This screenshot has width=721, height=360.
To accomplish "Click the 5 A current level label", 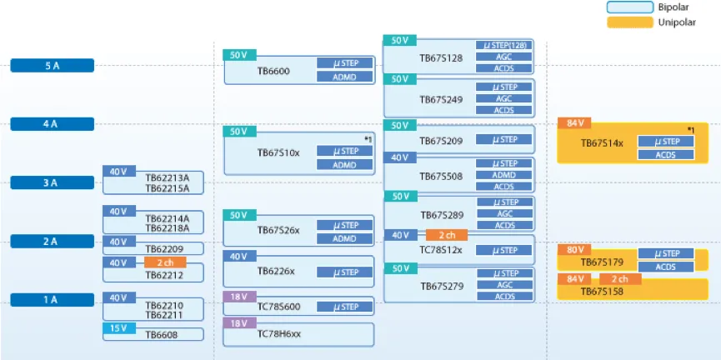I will point(52,66).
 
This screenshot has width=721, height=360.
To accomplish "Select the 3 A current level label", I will point(52,182).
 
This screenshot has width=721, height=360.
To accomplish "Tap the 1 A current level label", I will point(52,300).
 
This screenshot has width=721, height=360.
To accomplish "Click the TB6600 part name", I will point(273,72).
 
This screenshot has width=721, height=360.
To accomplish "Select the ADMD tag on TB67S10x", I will point(345,164).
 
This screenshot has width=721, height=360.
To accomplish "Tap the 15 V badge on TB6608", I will point(118,328).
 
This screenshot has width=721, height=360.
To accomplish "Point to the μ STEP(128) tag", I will point(503,45).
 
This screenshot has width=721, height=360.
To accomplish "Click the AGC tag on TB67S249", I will point(503,98).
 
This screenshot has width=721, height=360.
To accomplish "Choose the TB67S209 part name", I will point(441,142).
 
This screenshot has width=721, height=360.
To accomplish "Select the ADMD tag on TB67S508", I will point(503,175).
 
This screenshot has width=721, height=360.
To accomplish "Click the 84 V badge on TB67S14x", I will point(574,124).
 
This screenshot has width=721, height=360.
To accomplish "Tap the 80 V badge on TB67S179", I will point(574,249).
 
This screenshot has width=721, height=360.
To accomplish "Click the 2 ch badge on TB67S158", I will point(619,278).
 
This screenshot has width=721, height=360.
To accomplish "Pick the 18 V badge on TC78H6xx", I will point(238,322).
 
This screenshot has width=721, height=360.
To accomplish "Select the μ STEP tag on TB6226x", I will point(345,272).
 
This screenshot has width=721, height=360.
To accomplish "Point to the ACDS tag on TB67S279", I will point(503,297).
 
